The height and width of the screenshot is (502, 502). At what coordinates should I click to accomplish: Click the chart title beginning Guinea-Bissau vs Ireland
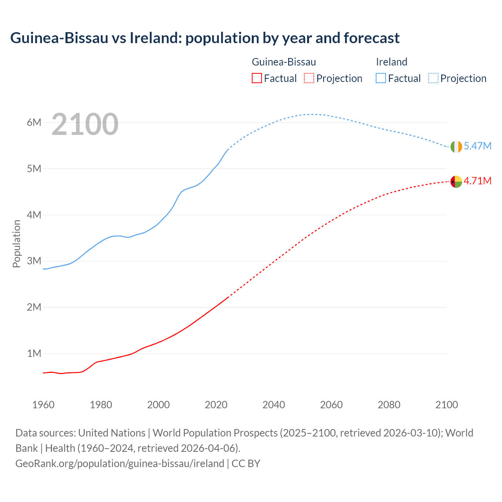[205, 38]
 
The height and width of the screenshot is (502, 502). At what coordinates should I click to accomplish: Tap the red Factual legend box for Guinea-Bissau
[256, 78]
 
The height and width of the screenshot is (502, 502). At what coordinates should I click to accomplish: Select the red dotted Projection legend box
[309, 78]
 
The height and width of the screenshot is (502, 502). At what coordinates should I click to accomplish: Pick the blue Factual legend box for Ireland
[381, 78]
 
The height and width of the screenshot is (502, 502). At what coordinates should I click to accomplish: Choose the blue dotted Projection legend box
[433, 78]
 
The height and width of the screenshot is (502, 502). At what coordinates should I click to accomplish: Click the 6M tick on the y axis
[34, 122]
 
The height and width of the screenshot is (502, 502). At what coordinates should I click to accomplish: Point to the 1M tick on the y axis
[34, 353]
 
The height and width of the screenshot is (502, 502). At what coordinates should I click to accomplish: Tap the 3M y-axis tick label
[34, 261]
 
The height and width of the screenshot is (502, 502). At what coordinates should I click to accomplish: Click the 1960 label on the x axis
[43, 405]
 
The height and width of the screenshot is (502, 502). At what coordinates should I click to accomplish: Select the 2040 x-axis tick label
[274, 405]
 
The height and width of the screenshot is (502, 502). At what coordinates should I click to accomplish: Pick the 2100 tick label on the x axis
[447, 405]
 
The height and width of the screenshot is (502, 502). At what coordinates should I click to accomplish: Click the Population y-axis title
[16, 244]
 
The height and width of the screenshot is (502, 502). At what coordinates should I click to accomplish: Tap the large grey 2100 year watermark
[85, 124]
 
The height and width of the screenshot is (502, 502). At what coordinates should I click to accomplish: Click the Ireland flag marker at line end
[456, 147]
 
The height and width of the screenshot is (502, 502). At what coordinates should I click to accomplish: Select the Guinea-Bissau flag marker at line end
[456, 182]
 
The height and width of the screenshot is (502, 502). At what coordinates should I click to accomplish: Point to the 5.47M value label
[477, 146]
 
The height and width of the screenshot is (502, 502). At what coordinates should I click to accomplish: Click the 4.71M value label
[477, 181]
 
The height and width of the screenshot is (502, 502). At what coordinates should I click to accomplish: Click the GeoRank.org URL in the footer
[120, 463]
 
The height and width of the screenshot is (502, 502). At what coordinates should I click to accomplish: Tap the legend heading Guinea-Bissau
[284, 62]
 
